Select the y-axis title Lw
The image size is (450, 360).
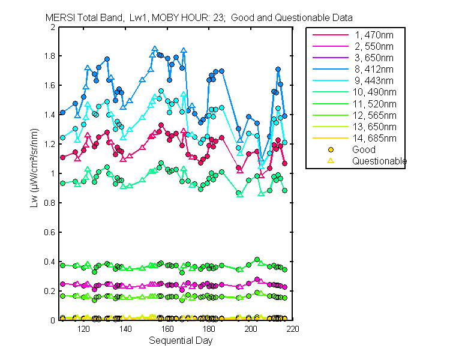34,174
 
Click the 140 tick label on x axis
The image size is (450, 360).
125,329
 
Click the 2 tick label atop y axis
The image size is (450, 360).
53,28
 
